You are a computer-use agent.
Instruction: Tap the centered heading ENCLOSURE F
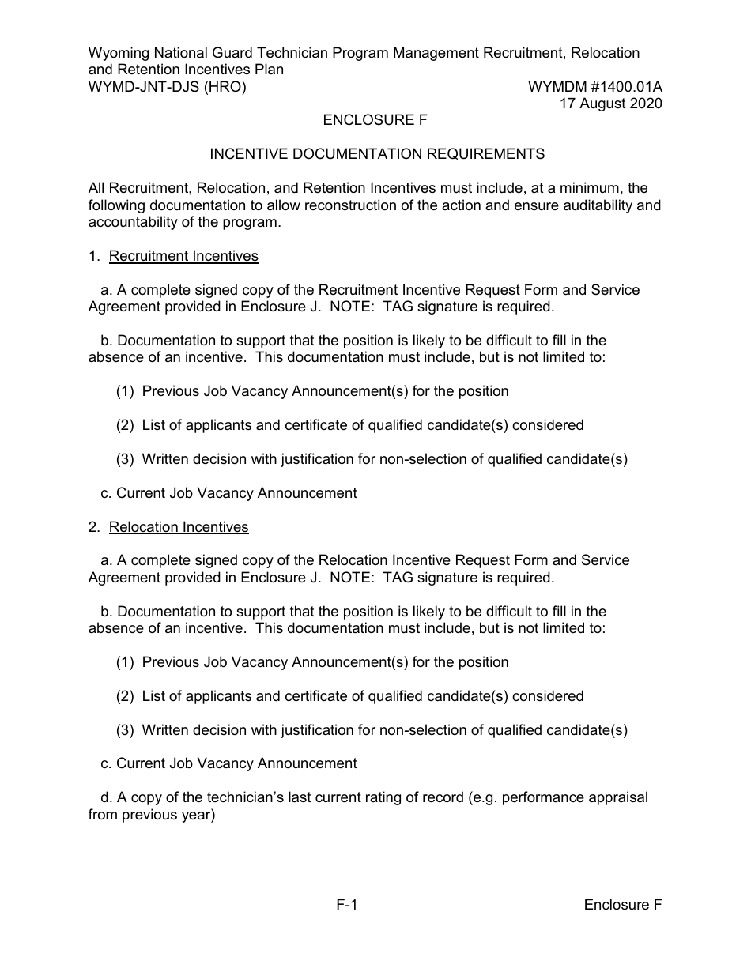pos(375,121)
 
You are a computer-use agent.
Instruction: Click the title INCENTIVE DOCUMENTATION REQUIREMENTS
pos(377,155)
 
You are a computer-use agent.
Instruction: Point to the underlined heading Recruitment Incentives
pos(183,256)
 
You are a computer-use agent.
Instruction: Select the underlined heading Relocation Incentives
pos(179,527)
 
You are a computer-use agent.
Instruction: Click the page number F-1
pos(347,906)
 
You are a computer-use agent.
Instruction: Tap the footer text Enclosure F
pos(623,906)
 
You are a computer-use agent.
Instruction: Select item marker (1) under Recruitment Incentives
pos(125,392)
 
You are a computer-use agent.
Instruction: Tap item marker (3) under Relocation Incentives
pos(125,731)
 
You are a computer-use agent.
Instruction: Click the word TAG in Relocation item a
pos(398,578)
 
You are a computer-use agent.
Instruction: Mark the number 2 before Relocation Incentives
pos(92,527)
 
